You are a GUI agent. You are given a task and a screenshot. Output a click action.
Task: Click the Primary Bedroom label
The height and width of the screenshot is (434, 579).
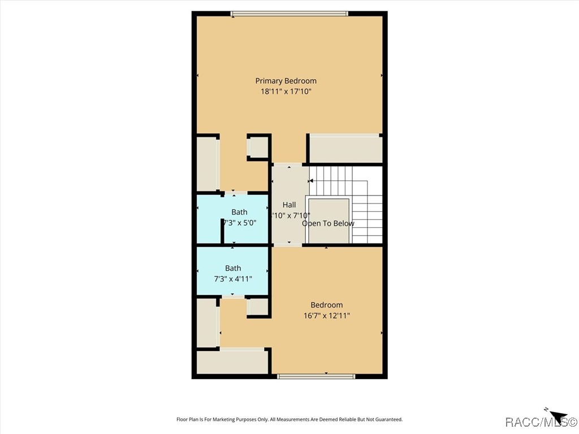(x=286, y=81)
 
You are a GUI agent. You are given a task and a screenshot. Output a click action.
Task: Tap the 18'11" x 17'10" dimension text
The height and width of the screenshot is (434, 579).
(x=286, y=91)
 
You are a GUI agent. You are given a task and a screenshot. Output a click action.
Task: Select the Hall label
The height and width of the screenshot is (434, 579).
(x=289, y=205)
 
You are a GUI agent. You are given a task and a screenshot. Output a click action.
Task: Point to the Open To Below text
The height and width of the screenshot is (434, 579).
(x=328, y=223)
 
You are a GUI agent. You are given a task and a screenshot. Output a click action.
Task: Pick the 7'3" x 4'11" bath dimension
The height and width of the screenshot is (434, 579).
(x=232, y=279)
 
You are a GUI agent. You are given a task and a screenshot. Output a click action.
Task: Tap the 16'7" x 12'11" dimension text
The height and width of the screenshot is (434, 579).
(x=326, y=315)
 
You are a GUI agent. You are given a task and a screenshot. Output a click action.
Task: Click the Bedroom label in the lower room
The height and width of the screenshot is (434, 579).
(x=326, y=305)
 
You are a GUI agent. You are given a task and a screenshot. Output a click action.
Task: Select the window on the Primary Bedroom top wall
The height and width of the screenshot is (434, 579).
(x=289, y=14)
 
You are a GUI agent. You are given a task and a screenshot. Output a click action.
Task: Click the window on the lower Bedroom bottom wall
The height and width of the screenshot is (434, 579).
(x=316, y=376)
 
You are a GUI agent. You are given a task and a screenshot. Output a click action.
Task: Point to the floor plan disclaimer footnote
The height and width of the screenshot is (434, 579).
(x=289, y=419)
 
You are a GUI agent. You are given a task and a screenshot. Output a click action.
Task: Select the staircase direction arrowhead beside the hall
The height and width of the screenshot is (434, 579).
(x=311, y=181)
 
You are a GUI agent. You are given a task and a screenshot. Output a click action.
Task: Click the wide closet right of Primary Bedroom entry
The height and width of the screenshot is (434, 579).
(x=344, y=149)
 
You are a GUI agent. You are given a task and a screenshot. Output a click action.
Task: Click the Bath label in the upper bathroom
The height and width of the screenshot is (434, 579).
(x=239, y=212)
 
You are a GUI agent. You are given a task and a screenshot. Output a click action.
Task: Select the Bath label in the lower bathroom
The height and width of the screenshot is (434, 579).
(x=233, y=268)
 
